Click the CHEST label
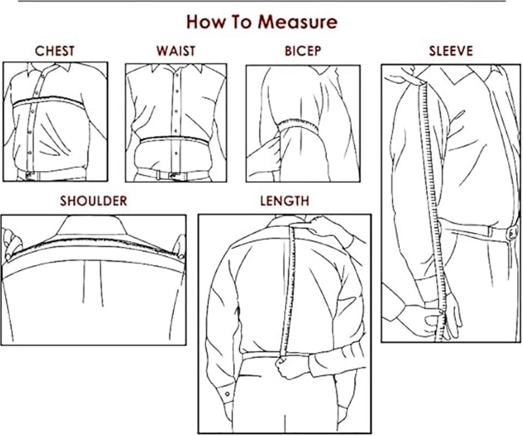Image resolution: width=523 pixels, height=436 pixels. pos(54,51)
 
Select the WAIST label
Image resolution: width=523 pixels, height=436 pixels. pos(175,51)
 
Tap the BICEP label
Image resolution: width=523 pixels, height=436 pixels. pos(302,51)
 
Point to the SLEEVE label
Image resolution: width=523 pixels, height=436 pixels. pos(451,51)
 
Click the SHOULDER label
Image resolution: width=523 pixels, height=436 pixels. pos(93,201)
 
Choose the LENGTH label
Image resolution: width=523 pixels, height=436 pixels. pos(284,201)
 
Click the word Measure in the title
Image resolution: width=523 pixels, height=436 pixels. pos(297,22)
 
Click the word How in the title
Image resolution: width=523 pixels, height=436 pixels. pos(206,22)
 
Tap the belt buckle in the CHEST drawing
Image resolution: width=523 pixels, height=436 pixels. pos(29,175)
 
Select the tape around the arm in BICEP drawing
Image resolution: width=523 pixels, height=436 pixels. pos(299,127)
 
